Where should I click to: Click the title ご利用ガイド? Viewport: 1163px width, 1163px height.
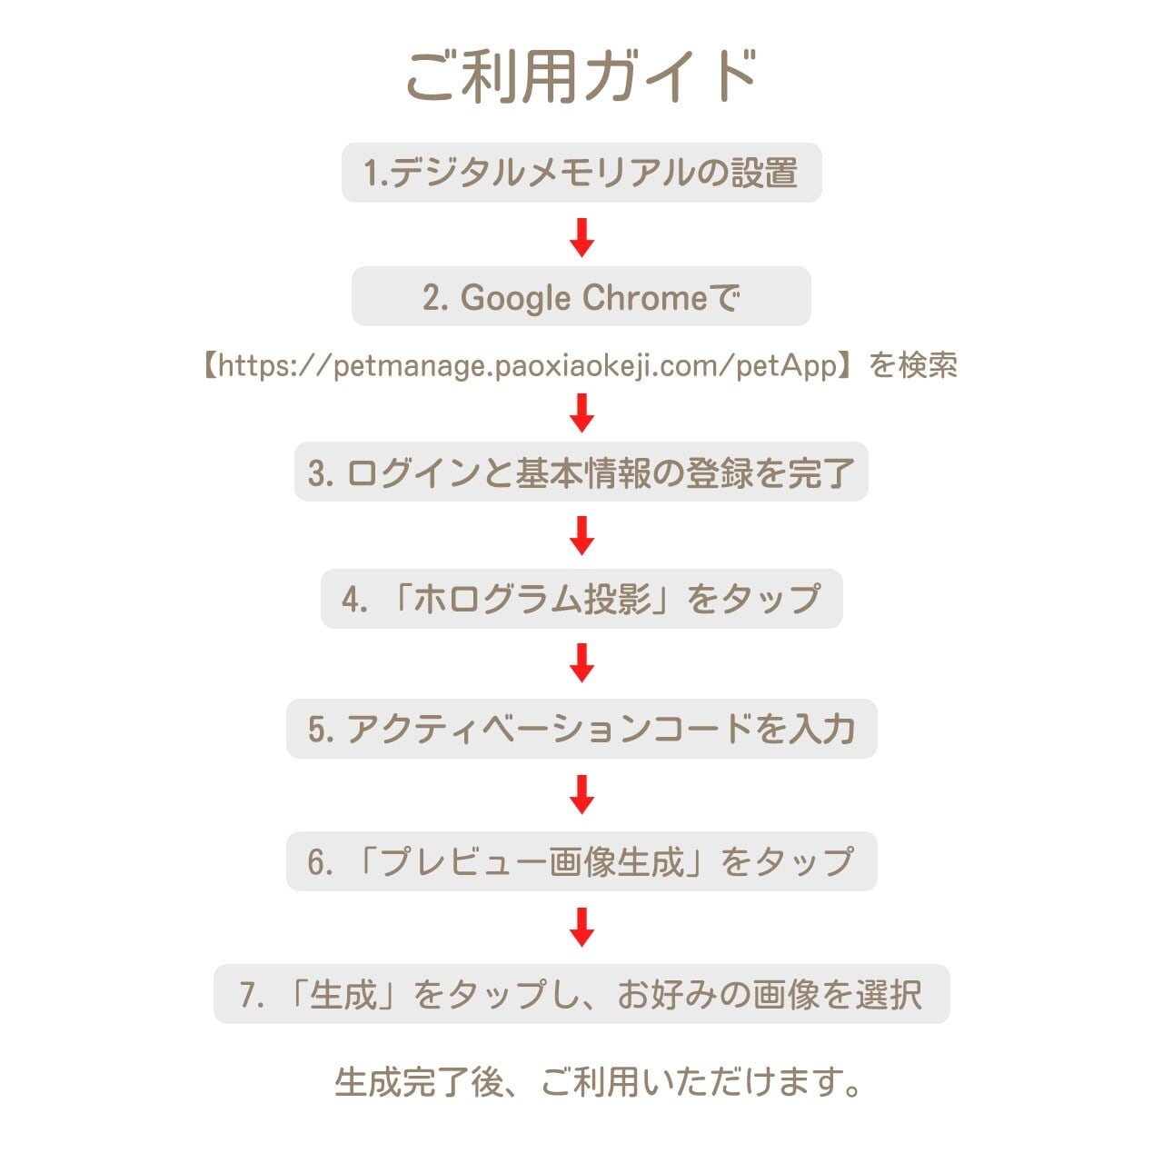point(581,75)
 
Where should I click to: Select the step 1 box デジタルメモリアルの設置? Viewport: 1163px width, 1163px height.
point(581,173)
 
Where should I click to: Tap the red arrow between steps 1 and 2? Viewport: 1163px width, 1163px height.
point(581,237)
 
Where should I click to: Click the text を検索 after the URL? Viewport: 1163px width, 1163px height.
point(913,365)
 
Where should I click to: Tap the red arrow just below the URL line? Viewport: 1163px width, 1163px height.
point(581,413)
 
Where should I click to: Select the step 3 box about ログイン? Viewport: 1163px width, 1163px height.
point(581,472)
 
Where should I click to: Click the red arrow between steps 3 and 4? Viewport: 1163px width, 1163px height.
point(581,535)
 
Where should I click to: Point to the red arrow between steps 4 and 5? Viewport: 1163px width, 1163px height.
point(581,662)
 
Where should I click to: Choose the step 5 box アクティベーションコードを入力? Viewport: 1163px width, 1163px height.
point(581,729)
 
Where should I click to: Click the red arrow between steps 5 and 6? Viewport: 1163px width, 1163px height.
point(581,794)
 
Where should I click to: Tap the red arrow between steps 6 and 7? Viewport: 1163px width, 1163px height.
point(581,927)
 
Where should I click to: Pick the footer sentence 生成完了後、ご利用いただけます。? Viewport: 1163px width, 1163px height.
point(598,1082)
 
